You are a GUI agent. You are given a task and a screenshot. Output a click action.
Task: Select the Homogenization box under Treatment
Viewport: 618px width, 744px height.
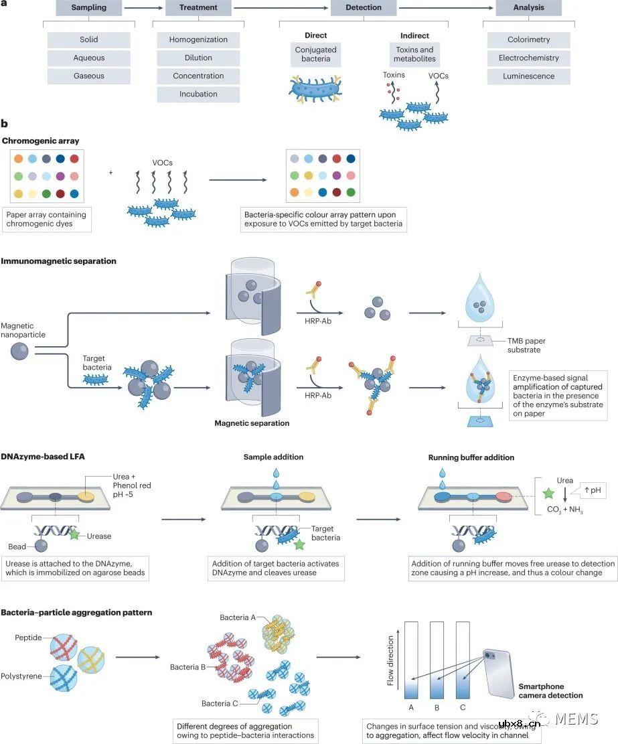(x=198, y=40)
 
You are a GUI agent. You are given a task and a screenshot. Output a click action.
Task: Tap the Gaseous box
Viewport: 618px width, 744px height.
(x=89, y=76)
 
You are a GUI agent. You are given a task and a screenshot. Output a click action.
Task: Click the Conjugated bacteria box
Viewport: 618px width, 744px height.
(x=315, y=55)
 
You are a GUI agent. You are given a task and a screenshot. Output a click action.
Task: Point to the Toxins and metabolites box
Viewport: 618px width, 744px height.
(x=414, y=55)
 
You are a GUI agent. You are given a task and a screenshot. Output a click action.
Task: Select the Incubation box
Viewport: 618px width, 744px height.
(x=198, y=94)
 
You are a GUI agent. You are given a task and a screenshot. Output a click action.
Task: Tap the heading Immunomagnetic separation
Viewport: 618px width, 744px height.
(x=59, y=261)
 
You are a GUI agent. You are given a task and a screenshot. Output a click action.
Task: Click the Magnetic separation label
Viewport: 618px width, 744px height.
(x=252, y=423)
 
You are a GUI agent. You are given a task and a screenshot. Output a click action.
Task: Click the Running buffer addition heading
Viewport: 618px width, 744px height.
(x=471, y=458)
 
